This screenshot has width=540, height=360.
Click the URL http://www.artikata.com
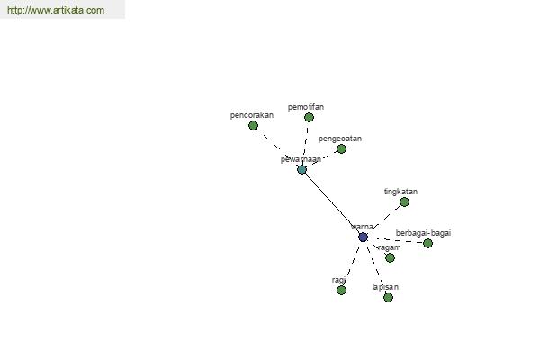point(55,11)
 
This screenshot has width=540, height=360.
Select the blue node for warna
point(363,237)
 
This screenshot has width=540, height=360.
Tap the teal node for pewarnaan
point(301,169)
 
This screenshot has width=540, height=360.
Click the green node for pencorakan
point(253,125)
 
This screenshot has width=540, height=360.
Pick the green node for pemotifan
point(309,117)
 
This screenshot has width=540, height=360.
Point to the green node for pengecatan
point(341,148)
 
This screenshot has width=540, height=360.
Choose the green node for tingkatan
point(404,202)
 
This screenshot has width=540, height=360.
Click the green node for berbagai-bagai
point(427,243)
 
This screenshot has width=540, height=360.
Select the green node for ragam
point(390,257)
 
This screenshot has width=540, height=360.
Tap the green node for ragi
point(341,290)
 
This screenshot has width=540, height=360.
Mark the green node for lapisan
point(388,297)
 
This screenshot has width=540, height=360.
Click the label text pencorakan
point(252,115)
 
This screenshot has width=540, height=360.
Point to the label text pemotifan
point(306,107)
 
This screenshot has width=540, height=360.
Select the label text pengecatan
point(340,139)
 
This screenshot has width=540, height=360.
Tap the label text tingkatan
point(400,192)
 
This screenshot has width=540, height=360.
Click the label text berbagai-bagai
point(423,233)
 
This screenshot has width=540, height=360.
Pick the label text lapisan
point(385,287)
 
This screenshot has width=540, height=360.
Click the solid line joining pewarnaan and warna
point(332,203)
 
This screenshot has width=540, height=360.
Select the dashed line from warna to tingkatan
point(384,219)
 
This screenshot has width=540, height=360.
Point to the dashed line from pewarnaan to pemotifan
point(305,143)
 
